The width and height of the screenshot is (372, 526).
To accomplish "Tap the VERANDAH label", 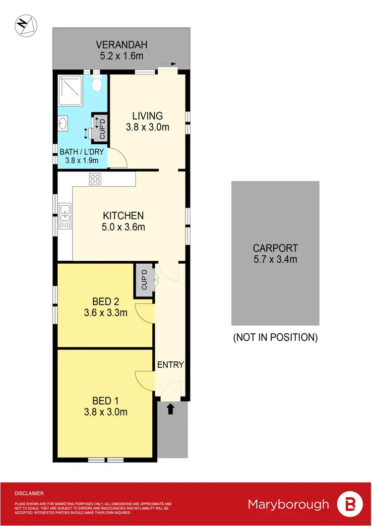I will coord(122,45).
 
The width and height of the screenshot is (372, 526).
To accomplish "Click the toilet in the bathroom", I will coord(97,85).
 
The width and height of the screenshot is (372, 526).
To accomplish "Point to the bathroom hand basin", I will coord(63,123).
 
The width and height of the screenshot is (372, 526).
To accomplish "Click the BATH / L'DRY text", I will coord(82,152).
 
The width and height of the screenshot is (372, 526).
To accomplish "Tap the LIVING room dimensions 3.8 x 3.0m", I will coord(147,127).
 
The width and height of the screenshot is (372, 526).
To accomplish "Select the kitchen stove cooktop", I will coord(96,179).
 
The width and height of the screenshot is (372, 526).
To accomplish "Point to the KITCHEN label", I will coord(123,216).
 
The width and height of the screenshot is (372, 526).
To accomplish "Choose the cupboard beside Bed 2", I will coord(144,280).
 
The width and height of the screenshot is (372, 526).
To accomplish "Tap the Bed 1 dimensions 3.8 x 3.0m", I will coord(106,411).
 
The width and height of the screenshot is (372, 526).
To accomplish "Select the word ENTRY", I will coord(171,365).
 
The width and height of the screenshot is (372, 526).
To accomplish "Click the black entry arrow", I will coord(171,409).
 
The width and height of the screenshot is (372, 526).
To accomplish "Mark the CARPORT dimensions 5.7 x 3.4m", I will coord(275,259).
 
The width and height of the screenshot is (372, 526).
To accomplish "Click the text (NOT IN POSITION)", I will coord(275,338).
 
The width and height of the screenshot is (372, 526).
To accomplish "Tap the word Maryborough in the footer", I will coord(289,505).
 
